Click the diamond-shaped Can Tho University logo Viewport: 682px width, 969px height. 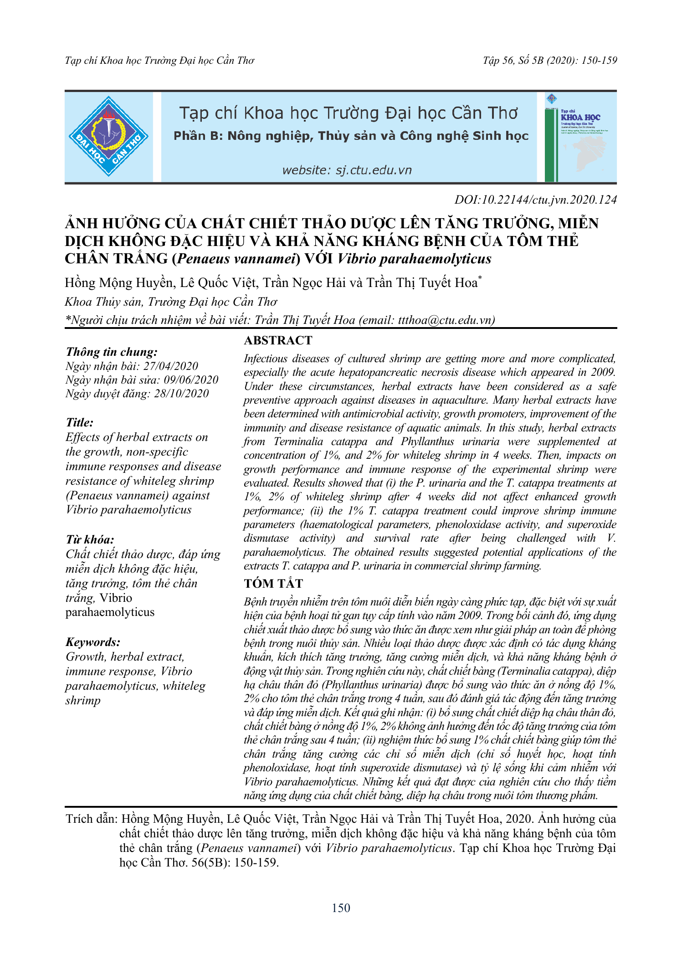[108, 136]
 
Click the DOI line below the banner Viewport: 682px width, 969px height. [535, 200]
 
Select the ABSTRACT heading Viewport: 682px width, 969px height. [278, 340]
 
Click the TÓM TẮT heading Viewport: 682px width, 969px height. [273, 584]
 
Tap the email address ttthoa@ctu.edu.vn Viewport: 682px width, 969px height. [445, 320]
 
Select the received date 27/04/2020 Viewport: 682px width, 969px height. [171, 366]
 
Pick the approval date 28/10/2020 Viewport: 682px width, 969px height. [181, 393]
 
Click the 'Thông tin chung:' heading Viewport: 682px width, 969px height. [112, 352]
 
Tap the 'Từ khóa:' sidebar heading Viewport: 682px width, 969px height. [90, 539]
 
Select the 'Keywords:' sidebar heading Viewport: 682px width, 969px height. [93, 642]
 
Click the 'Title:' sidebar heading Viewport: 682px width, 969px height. [80, 422]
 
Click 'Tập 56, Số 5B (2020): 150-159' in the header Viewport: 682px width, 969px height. [550, 61]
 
